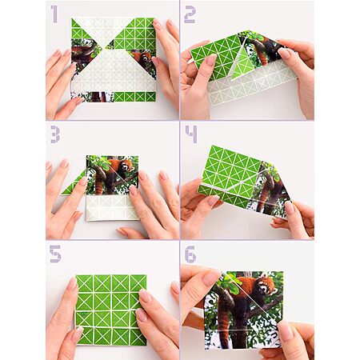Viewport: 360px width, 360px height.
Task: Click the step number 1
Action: pos(54,14)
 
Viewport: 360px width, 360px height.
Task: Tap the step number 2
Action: pos(190,14)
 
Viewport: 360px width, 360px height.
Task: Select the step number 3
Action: pos(55,134)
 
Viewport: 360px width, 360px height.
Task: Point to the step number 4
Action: pos(191,134)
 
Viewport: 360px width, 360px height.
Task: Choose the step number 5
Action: pos(55,254)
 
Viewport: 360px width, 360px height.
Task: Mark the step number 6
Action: pos(190,254)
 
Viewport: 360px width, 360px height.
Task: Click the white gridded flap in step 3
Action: pos(113,207)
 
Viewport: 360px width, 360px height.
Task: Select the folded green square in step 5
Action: pos(111,310)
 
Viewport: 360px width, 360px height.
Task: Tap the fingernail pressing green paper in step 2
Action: pos(212,60)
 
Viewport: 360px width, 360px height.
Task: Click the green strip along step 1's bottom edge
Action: pos(134,97)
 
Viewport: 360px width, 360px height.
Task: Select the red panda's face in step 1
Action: pos(146,57)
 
